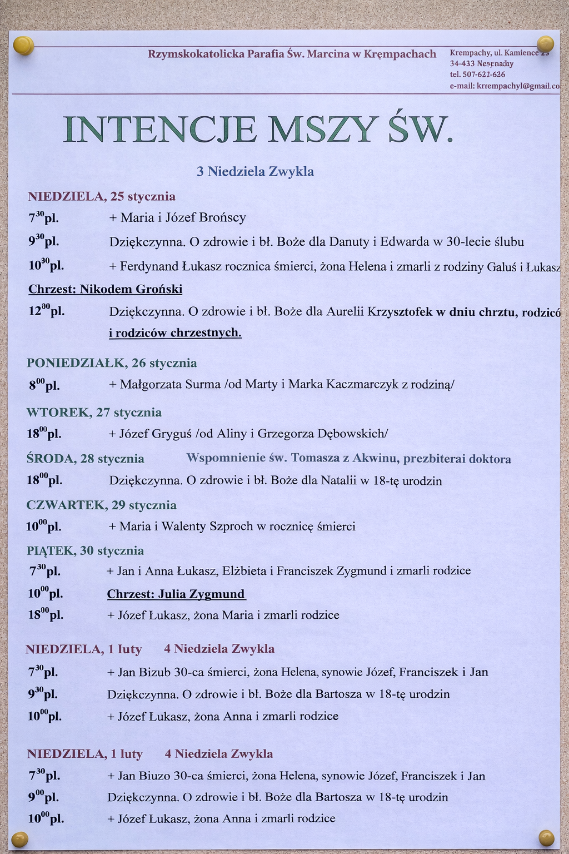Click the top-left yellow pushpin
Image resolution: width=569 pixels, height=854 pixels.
click(x=23, y=45)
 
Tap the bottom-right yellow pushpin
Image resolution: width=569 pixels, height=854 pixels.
click(x=546, y=837)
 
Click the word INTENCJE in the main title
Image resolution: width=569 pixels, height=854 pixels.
click(x=161, y=130)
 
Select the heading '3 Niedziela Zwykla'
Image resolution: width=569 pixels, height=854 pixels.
click(x=255, y=171)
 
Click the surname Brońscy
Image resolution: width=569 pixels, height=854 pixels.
click(x=221, y=217)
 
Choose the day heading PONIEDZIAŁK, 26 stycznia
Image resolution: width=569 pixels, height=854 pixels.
click(x=112, y=363)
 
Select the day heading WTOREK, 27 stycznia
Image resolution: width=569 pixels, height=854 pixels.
click(x=94, y=413)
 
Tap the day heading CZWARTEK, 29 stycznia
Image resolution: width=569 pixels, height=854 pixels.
click(x=101, y=505)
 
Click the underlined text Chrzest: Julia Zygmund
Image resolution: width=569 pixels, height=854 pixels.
click(x=176, y=594)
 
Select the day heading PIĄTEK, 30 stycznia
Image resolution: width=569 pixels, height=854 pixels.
click(x=85, y=551)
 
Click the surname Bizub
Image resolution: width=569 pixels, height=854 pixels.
click(x=154, y=672)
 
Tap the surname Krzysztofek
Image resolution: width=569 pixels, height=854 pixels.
click(x=398, y=312)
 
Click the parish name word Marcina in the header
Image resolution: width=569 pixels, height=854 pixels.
click(x=328, y=54)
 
